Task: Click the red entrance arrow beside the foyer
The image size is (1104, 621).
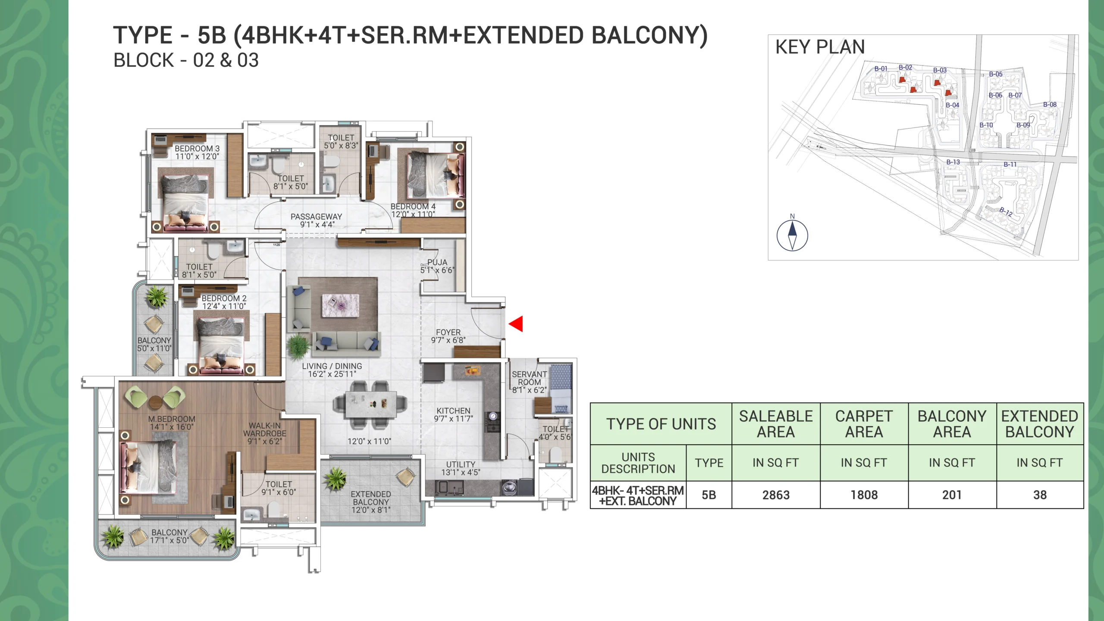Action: pyautogui.click(x=516, y=323)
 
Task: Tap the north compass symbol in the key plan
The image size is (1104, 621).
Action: pyautogui.click(x=792, y=235)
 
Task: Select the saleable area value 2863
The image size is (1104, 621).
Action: pyautogui.click(x=776, y=495)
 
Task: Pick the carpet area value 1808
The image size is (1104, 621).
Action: pyautogui.click(x=864, y=495)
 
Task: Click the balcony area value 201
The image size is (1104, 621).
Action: pyautogui.click(x=952, y=495)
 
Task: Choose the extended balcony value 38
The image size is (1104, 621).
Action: pyautogui.click(x=1040, y=495)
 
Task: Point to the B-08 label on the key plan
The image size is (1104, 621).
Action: pyautogui.click(x=1050, y=104)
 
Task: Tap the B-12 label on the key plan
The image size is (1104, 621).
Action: pyautogui.click(x=1006, y=212)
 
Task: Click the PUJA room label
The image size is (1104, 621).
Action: pyautogui.click(x=437, y=262)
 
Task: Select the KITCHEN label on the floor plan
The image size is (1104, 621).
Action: pyautogui.click(x=453, y=411)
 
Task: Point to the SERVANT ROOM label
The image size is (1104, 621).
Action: pyautogui.click(x=529, y=378)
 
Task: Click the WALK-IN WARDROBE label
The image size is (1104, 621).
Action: pyautogui.click(x=265, y=430)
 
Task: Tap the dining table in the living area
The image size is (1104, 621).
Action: pyautogui.click(x=370, y=405)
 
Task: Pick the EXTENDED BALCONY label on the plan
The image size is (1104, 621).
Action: pyautogui.click(x=371, y=498)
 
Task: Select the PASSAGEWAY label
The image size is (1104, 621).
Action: pyautogui.click(x=316, y=216)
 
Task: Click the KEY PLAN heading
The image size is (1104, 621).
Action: pyautogui.click(x=820, y=47)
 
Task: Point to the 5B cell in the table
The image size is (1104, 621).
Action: pyautogui.click(x=709, y=495)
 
